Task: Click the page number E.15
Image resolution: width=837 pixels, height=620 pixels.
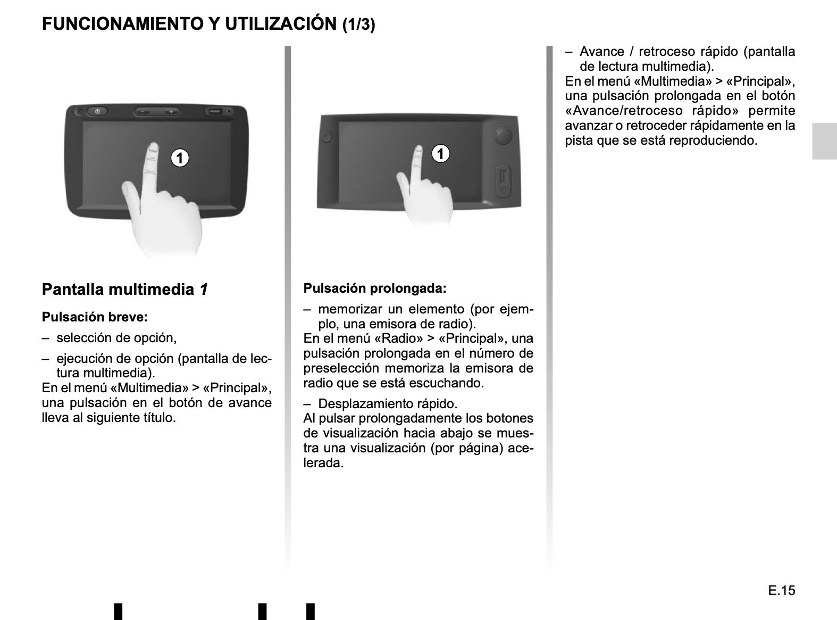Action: click(x=782, y=590)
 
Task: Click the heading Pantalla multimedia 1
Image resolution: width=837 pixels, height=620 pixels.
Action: click(x=124, y=290)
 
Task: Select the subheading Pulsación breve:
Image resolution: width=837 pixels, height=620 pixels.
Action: click(x=95, y=317)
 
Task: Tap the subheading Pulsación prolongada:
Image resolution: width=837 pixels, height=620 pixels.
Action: click(x=375, y=288)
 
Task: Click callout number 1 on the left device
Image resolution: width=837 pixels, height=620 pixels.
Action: click(x=180, y=158)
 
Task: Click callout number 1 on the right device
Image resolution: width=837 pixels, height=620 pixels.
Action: click(x=440, y=154)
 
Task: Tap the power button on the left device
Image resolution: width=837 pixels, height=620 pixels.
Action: click(x=97, y=111)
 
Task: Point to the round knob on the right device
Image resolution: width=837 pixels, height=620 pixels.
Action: click(x=503, y=136)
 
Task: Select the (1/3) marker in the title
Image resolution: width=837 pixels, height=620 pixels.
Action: click(x=359, y=24)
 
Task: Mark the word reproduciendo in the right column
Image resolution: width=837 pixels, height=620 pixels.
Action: click(x=713, y=140)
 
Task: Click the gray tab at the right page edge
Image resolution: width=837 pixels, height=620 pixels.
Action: click(x=825, y=141)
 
